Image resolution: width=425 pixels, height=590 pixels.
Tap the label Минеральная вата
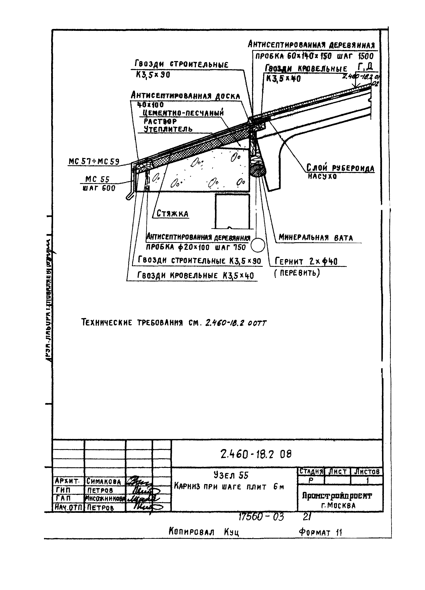pos(315,237)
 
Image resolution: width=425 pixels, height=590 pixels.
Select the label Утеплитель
pos(168,129)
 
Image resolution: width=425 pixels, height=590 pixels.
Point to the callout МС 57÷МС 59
pos(94,162)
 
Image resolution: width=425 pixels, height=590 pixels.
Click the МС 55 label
pos(97,179)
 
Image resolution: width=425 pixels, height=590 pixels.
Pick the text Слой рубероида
pos(340,168)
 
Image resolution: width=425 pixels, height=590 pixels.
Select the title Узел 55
pos(231,475)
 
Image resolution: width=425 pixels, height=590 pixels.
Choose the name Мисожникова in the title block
pos(105,498)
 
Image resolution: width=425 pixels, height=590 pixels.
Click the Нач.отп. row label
pos(68,507)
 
